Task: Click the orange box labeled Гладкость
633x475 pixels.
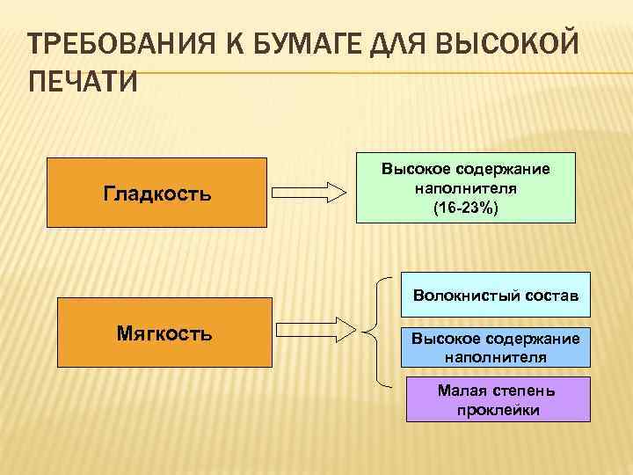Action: tap(157, 193)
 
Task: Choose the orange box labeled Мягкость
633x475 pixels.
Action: tap(164, 332)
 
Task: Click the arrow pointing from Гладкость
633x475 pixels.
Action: tap(309, 193)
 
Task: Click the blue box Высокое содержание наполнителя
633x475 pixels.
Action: tap(495, 348)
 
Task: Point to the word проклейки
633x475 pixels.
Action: tap(498, 409)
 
